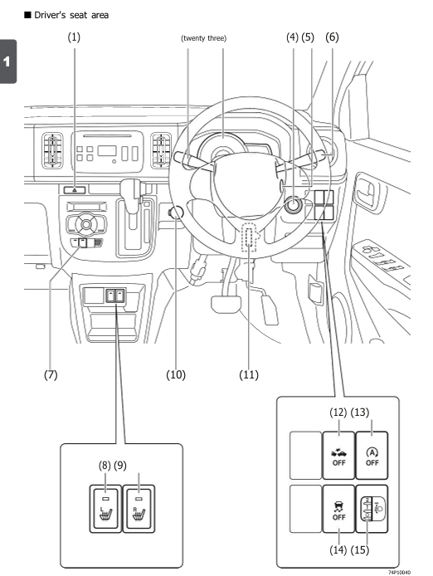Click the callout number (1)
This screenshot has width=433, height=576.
point(74,37)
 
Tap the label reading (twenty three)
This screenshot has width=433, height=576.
point(204,38)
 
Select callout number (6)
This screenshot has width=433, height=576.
point(332,37)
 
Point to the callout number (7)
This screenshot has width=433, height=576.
point(51,374)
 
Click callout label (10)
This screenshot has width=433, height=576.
point(176,374)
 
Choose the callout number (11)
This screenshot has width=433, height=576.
point(249,374)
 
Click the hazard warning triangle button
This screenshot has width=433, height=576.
point(75,190)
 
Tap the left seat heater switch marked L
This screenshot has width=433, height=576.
point(106,509)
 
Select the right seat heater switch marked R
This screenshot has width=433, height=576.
point(139,509)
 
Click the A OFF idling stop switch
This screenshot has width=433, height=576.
point(372,456)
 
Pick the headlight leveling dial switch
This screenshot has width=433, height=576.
point(372,509)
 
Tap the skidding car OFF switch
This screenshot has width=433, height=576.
point(338,509)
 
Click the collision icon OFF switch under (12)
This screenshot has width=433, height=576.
point(338,456)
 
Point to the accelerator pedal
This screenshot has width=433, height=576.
point(270,310)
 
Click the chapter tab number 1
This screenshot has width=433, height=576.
point(7,61)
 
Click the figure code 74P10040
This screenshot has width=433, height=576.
point(400,573)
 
